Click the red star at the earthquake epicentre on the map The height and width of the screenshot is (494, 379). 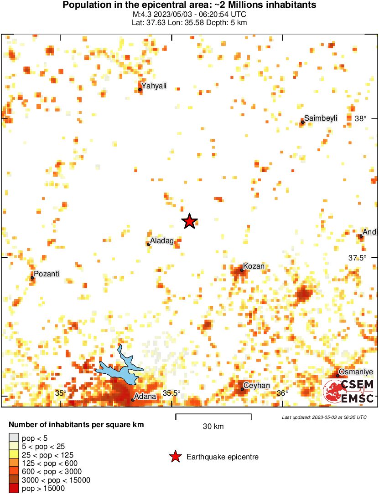click(189, 221)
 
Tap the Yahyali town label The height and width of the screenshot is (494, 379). click(153, 86)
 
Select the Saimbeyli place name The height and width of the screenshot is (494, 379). click(321, 118)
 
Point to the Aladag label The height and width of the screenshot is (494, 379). click(162, 241)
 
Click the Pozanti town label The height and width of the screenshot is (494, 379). click(47, 274)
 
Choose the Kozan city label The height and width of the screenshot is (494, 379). click(254, 266)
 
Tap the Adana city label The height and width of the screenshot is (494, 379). click(145, 396)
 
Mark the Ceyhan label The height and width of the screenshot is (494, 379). click(257, 386)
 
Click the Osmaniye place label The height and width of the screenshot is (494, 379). click(356, 372)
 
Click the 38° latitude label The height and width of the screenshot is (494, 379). click(360, 118)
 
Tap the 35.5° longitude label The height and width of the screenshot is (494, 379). click(172, 393)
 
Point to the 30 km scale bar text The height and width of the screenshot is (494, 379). click(213, 427)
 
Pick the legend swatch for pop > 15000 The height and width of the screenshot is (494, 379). click(14, 489)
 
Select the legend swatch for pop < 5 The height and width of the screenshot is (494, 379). click(14, 438)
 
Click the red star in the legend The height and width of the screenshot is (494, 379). click(175, 457)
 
